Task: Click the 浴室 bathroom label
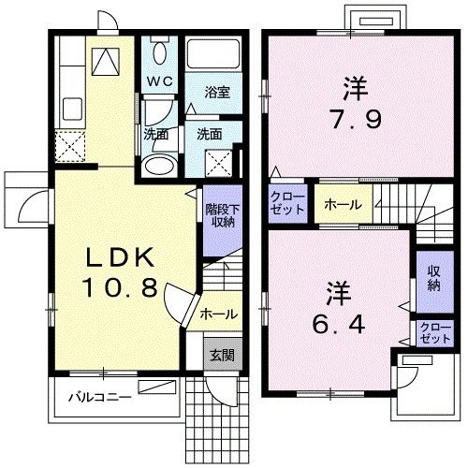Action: (217, 92)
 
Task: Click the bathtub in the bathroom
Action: (212, 53)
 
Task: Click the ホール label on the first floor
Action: (218, 314)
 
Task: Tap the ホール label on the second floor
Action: (342, 204)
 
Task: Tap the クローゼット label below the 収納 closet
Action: (433, 332)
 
